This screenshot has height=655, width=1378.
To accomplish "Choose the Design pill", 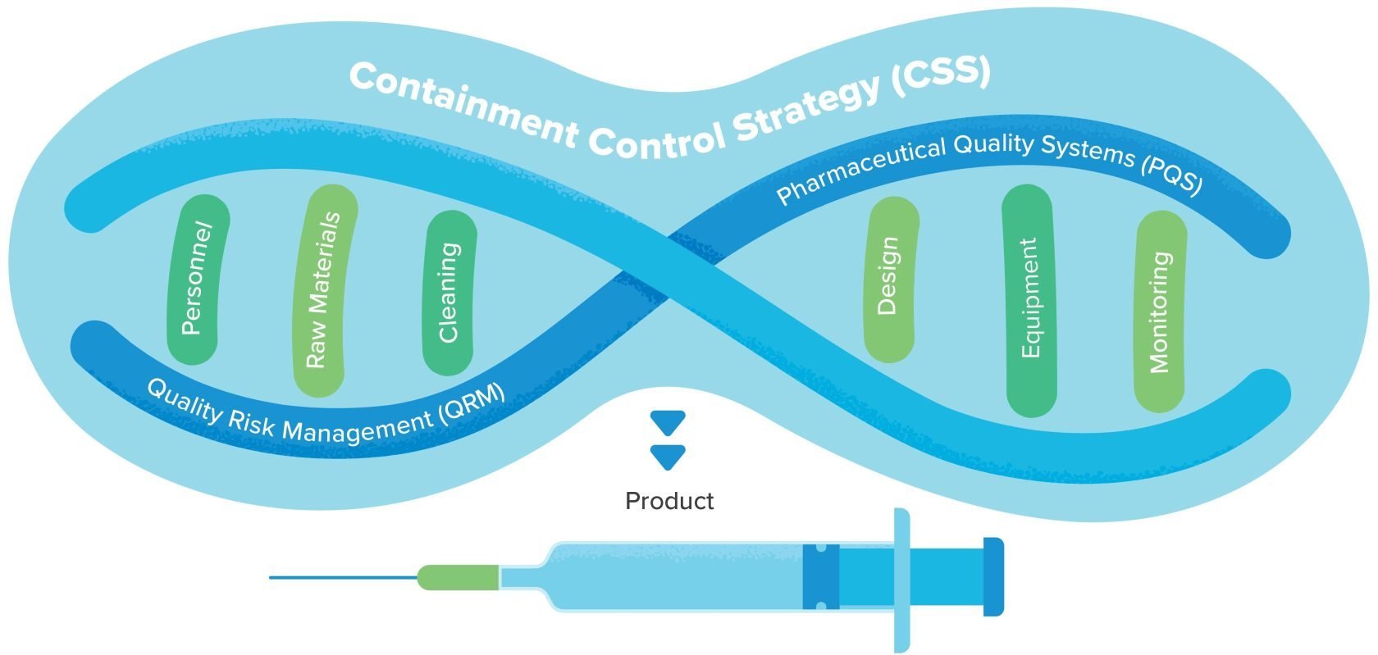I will coord(890,276).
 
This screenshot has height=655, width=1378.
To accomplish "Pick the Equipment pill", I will coord(1029,299).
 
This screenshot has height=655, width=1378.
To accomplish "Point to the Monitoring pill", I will coord(1160,312).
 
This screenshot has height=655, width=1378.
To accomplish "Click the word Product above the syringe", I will coord(669,501).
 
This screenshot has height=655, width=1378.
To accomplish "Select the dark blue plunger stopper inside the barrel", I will coord(820,577).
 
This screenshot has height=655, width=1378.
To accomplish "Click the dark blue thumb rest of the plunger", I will coord(993,577).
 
